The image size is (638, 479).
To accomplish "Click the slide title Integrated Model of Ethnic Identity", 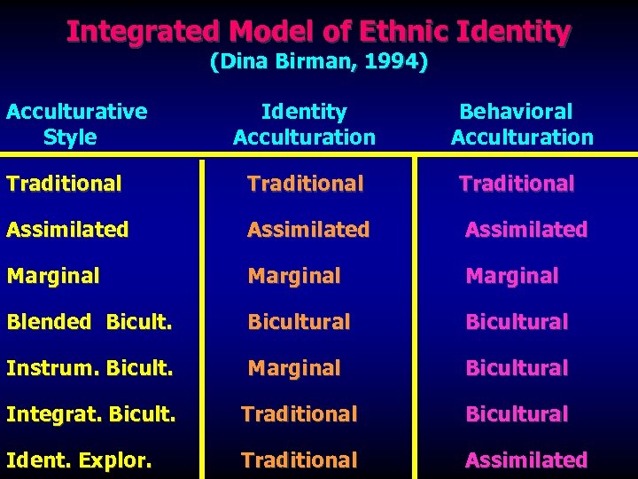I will coord(319,32).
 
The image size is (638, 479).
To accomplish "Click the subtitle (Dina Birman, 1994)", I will coord(319,62).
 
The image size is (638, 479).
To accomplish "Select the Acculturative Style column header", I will coord(76,124).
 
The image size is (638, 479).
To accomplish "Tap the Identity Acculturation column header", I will coord(304,124).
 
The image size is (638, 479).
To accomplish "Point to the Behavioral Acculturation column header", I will coord(521,124).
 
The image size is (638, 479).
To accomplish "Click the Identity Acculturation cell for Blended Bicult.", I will coord(299,322).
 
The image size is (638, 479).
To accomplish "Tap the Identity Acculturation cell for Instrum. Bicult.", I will coord(293,368).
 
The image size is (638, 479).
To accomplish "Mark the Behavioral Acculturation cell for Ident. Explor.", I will coord(526,460).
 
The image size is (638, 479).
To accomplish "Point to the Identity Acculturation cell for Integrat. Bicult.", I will coord(300,414).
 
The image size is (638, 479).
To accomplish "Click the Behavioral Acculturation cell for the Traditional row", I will coord(517,184).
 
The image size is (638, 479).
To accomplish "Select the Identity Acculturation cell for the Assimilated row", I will coord(308,230).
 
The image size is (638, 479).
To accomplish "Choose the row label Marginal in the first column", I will coord(52,276).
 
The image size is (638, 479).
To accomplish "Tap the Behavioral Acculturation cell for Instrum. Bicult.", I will coord(517,368).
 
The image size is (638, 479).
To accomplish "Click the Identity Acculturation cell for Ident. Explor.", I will coord(300,460).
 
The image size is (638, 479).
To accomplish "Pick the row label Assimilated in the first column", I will coord(67,230).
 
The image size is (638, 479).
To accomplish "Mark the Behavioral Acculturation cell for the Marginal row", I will coord(512,276).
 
